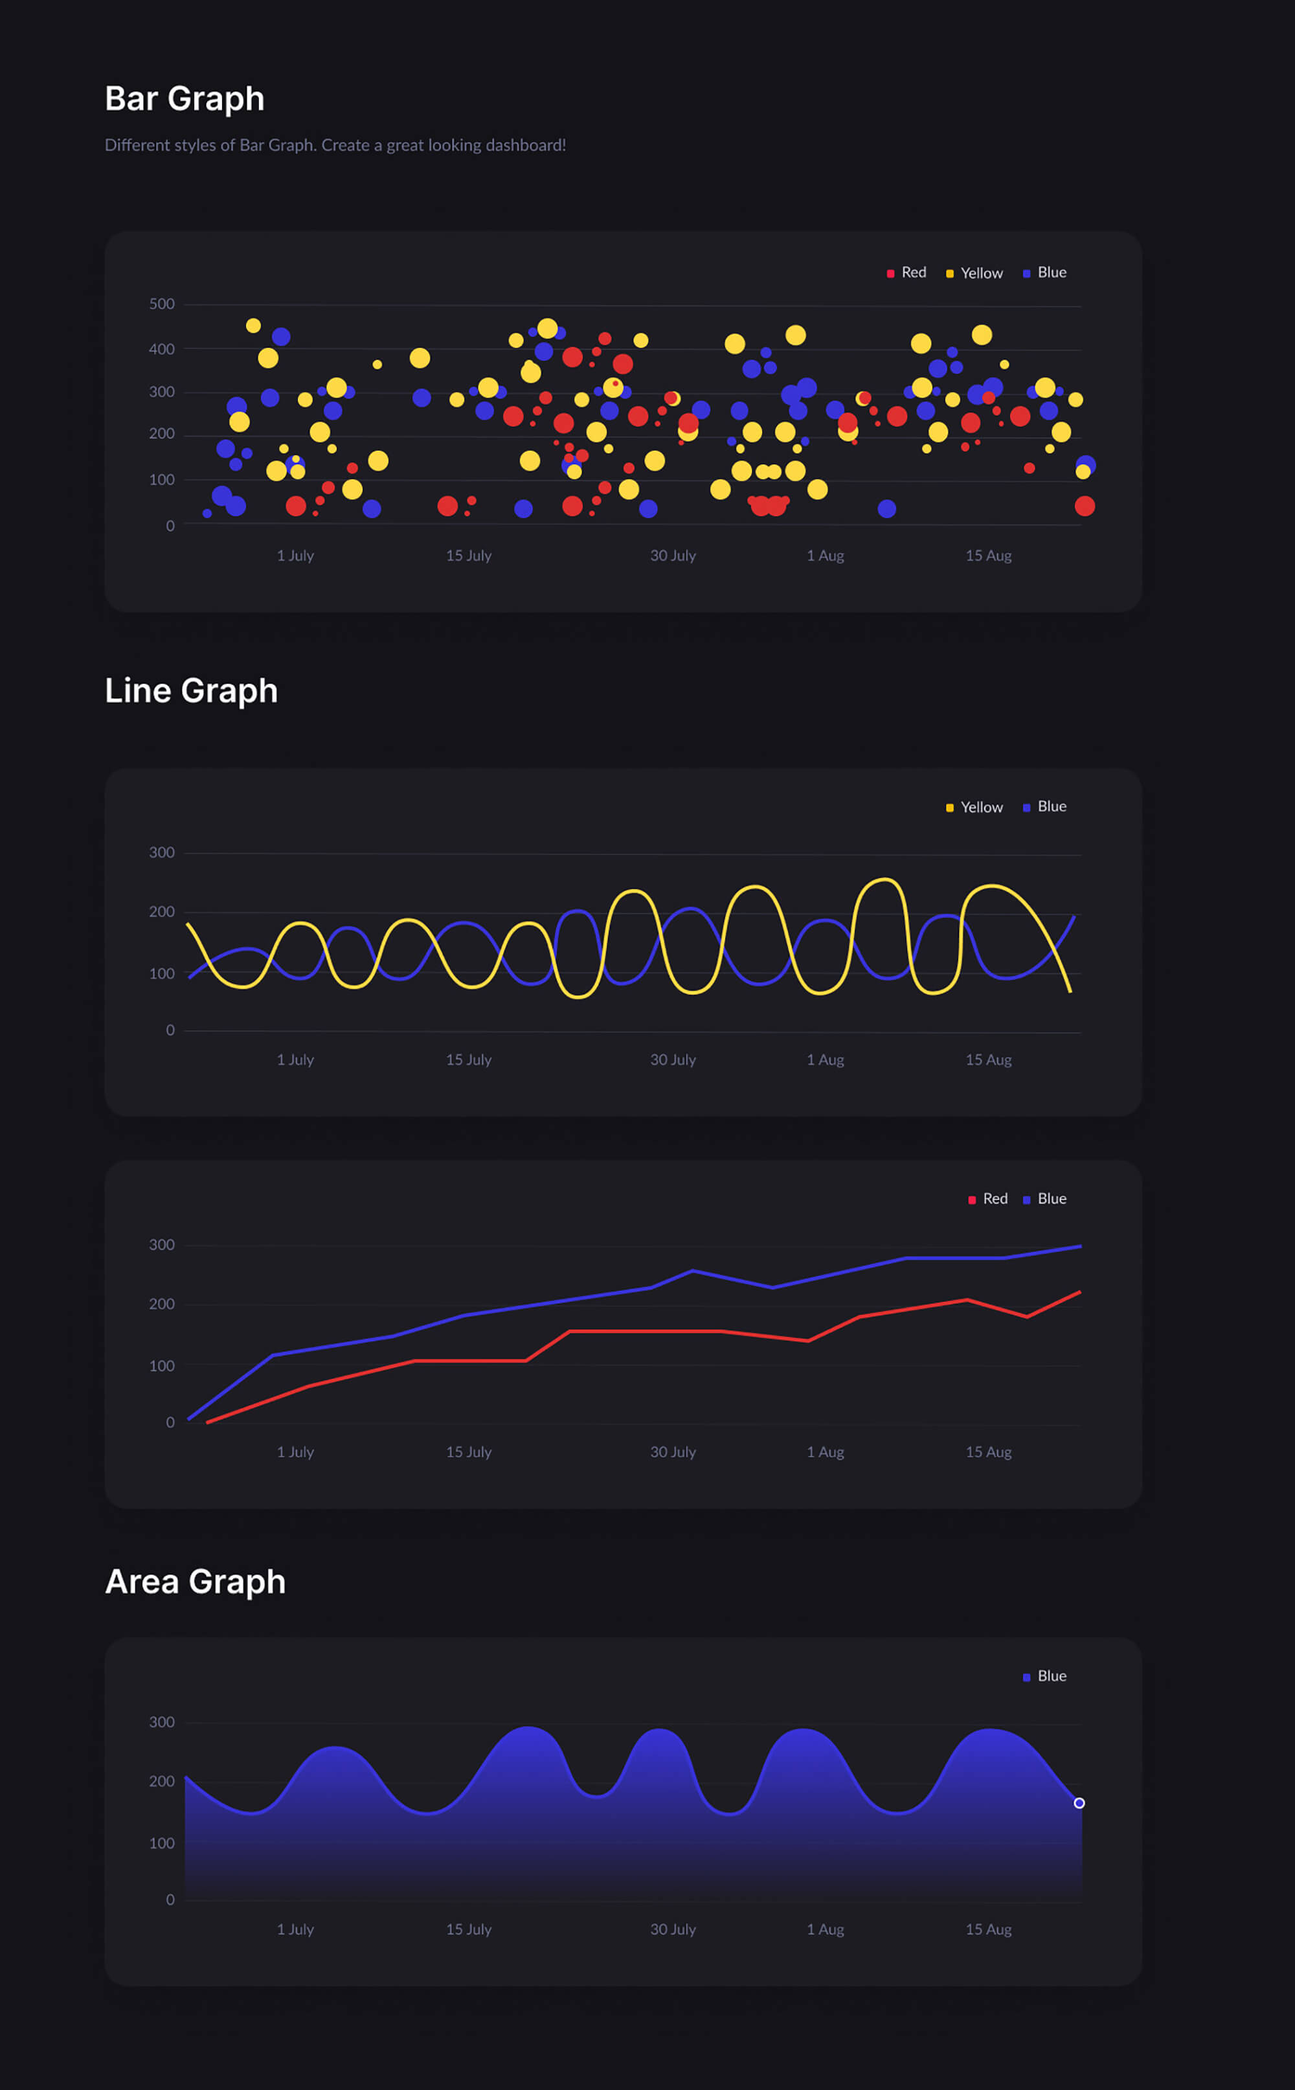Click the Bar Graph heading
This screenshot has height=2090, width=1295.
tap(184, 99)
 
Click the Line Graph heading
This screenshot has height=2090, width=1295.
tap(191, 691)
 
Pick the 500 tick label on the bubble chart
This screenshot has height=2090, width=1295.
tap(161, 304)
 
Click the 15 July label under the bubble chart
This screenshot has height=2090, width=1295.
tap(469, 556)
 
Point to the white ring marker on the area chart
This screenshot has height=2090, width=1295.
tap(1079, 1803)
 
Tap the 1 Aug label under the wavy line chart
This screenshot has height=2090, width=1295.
tap(825, 1060)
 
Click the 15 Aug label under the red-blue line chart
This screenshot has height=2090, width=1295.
tap(988, 1453)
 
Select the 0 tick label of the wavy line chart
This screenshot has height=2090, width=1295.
tap(170, 1031)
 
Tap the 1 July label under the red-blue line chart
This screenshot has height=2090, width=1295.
tap(295, 1453)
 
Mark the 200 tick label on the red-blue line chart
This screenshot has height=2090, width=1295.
tap(161, 1304)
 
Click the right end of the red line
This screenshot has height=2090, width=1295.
tap(1079, 1291)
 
